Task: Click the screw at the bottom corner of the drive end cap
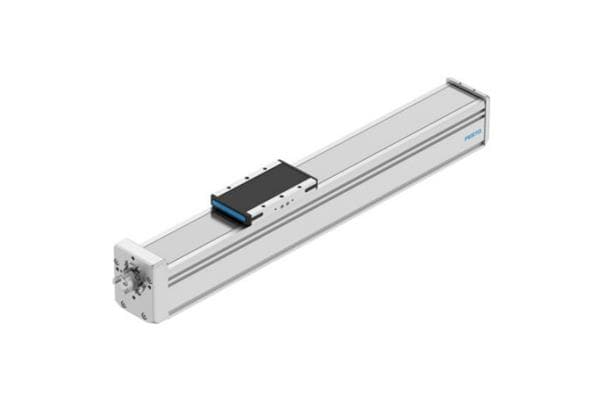pyautogui.click(x=142, y=316)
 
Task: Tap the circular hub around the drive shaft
pyautogui.click(x=132, y=277)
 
